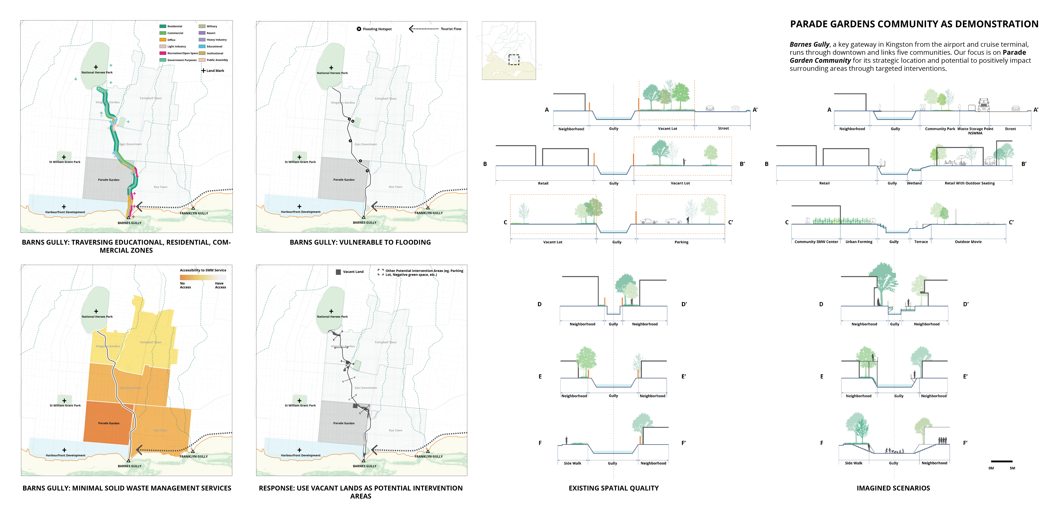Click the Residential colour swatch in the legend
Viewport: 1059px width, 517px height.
[x=163, y=26]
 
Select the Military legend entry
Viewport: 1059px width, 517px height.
[x=212, y=26]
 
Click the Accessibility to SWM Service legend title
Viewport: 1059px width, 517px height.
[x=203, y=270]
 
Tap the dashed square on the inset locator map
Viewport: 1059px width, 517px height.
[x=514, y=60]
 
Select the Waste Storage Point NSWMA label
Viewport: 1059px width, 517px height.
[x=975, y=131]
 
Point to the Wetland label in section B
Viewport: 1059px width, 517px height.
[x=914, y=183]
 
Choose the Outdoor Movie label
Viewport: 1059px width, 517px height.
[x=968, y=242]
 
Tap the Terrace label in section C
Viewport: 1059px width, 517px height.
[x=921, y=242]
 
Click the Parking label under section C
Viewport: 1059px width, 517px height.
[x=681, y=242]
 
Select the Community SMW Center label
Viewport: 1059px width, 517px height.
[x=816, y=242]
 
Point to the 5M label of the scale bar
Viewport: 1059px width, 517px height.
[x=1012, y=468]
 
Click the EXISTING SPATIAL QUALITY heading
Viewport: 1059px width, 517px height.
[x=613, y=488]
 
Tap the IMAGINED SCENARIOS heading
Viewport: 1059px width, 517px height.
[x=893, y=488]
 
